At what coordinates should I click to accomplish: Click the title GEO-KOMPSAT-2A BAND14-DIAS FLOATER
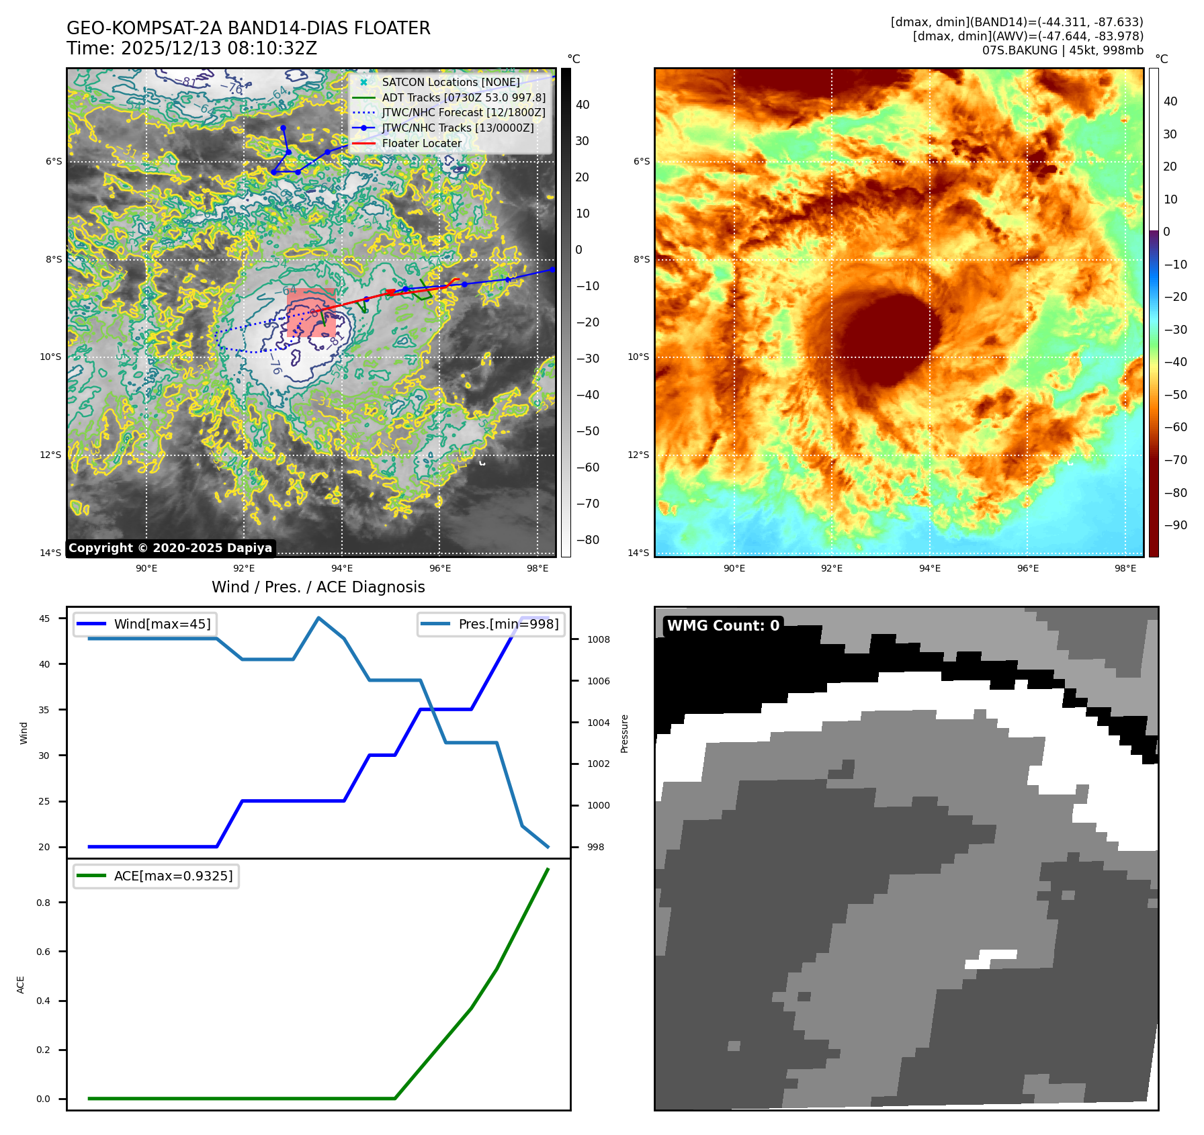click(x=248, y=28)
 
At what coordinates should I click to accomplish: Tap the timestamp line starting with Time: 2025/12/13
click(x=191, y=48)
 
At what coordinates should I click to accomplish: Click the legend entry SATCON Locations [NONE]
click(x=450, y=82)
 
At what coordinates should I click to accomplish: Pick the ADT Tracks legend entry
click(x=463, y=97)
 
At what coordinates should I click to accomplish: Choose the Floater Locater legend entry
click(x=421, y=143)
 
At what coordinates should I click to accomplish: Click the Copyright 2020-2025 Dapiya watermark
click(x=170, y=548)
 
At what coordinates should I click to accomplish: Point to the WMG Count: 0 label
click(x=723, y=626)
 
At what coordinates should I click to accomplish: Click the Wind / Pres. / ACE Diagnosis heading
click(x=318, y=587)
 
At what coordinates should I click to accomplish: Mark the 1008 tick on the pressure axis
click(x=598, y=639)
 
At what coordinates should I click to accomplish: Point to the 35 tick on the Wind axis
click(x=44, y=710)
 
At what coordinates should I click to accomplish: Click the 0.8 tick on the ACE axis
click(x=44, y=903)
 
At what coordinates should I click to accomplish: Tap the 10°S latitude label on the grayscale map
click(x=50, y=357)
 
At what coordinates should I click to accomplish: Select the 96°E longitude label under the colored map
click(x=1027, y=568)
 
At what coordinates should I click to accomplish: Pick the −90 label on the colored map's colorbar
click(x=1175, y=525)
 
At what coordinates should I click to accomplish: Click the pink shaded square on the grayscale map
click(x=311, y=312)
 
